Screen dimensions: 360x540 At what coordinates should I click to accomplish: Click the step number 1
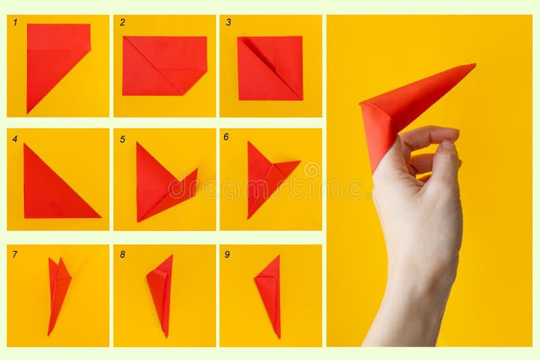tap(15, 22)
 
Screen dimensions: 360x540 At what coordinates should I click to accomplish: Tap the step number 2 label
tap(122, 22)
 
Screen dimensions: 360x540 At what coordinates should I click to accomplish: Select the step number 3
tap(228, 22)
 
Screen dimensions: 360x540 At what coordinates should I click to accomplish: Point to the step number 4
tap(15, 139)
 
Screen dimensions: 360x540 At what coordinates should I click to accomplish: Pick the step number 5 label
tap(122, 139)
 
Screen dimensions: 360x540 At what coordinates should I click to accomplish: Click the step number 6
tap(226, 136)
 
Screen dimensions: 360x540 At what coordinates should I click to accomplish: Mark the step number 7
tap(15, 255)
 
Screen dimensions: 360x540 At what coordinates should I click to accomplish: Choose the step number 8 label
tap(122, 255)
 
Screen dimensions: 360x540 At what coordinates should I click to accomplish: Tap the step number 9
tap(227, 255)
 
